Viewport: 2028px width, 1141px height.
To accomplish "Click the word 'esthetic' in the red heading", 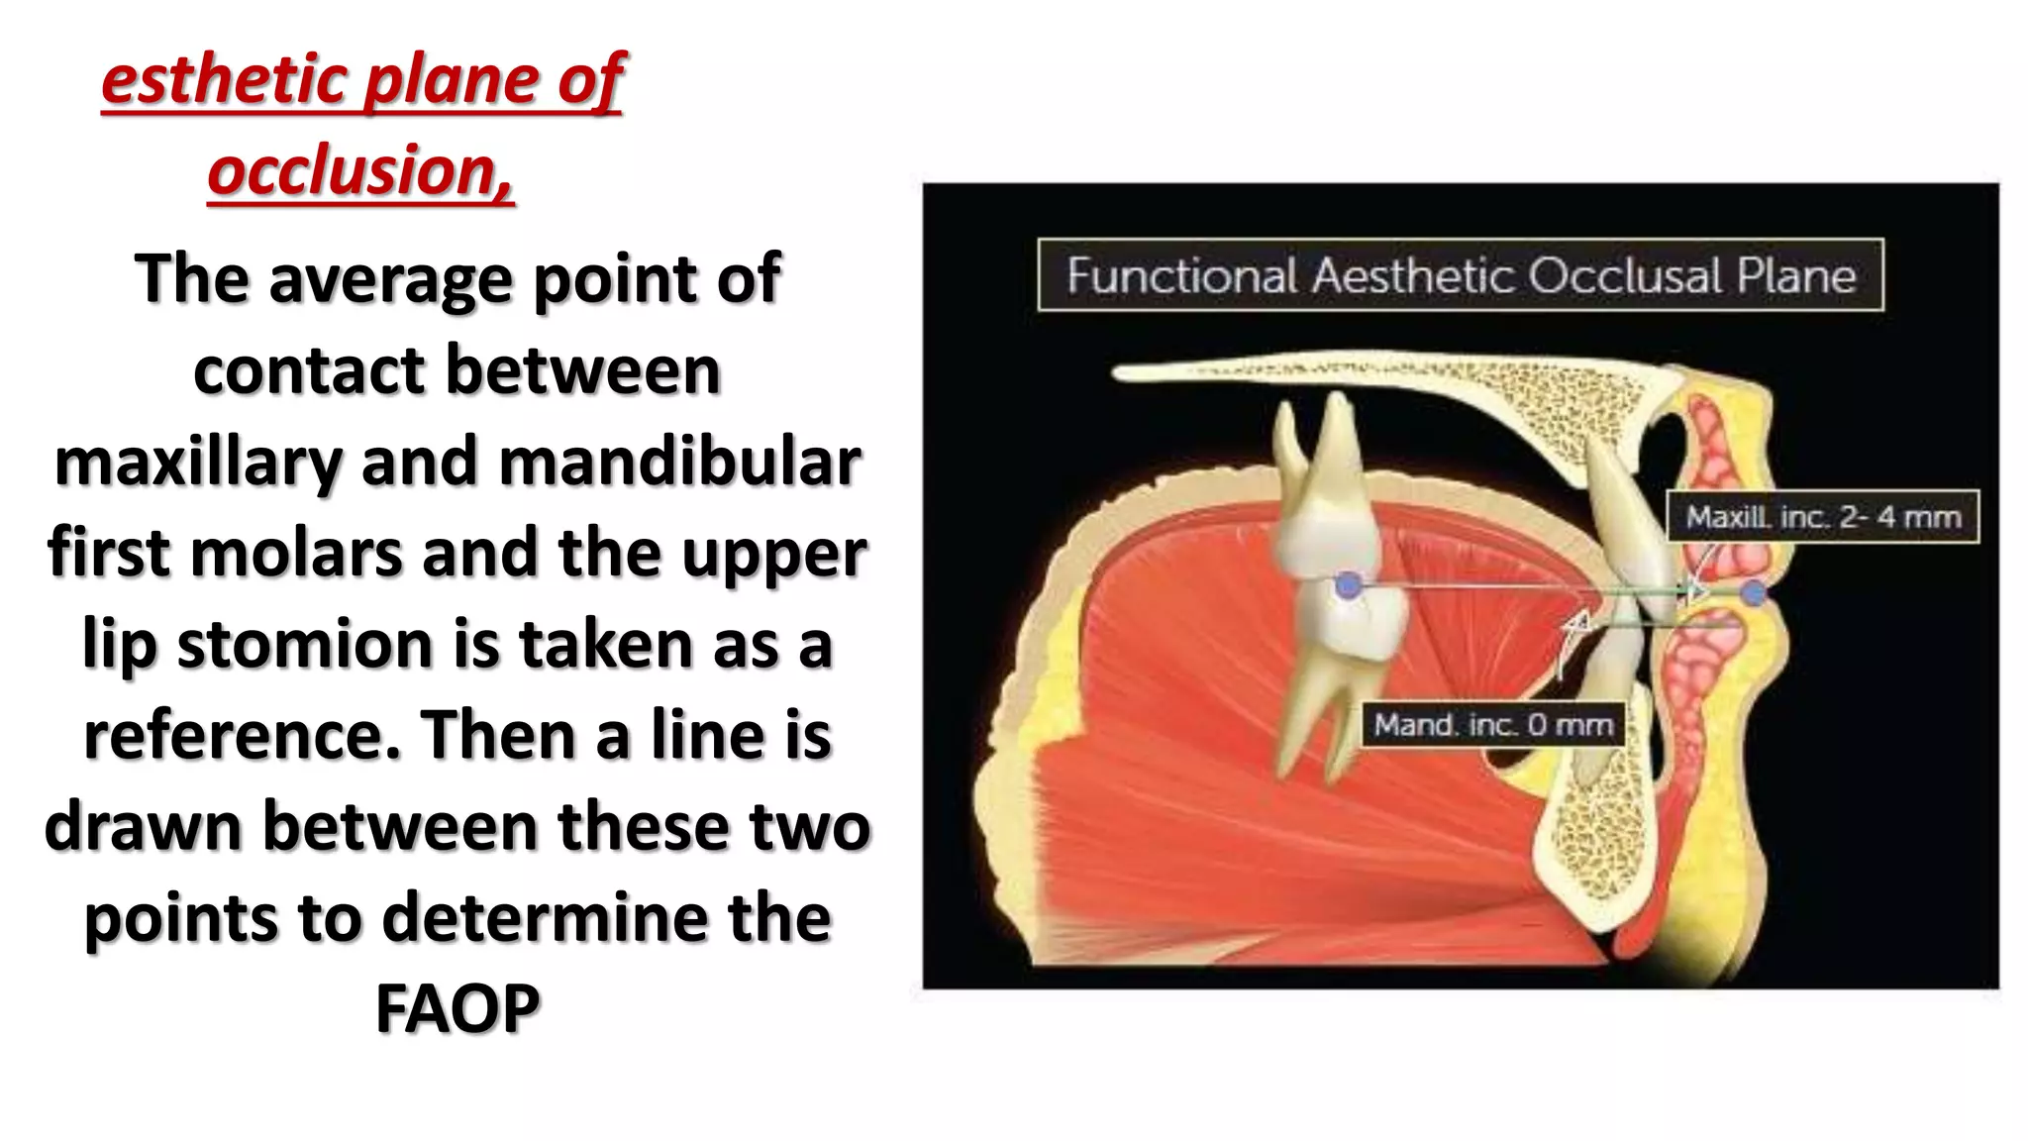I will (x=226, y=79).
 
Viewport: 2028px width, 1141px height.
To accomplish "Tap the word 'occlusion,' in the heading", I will (x=361, y=170).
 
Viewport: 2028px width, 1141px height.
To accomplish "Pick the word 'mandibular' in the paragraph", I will (x=679, y=462).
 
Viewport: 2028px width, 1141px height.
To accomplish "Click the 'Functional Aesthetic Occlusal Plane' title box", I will (x=1460, y=275).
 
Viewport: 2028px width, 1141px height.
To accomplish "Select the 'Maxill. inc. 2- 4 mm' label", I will (x=1822, y=517).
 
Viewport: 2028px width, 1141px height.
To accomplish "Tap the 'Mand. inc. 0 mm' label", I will (x=1492, y=725).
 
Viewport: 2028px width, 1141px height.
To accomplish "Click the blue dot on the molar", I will (x=1347, y=585).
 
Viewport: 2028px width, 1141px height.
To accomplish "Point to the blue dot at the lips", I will (x=1753, y=593).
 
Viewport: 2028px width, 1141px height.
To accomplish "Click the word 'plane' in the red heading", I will (x=452, y=79).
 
